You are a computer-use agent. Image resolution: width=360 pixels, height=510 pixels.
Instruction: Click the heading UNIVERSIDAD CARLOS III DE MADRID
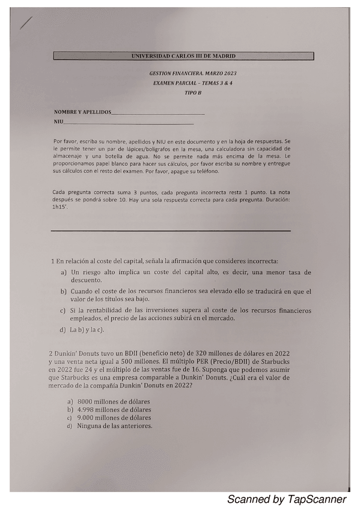click(x=183, y=56)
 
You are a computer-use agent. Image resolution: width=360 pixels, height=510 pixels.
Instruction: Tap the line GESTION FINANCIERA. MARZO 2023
click(x=193, y=73)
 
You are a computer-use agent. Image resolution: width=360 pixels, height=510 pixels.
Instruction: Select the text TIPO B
click(x=193, y=94)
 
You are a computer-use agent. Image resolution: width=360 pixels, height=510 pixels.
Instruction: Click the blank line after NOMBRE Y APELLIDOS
click(x=158, y=113)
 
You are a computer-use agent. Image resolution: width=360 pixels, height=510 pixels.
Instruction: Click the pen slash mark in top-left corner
click(x=26, y=23)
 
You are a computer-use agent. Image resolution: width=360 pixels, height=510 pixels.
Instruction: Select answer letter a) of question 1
click(x=63, y=272)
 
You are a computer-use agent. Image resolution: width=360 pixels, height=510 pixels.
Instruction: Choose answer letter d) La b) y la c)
click(x=63, y=330)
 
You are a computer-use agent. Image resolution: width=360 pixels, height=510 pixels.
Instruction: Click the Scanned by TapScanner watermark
click(x=287, y=500)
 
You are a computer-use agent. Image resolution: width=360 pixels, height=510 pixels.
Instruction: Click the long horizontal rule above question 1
click(x=171, y=230)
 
